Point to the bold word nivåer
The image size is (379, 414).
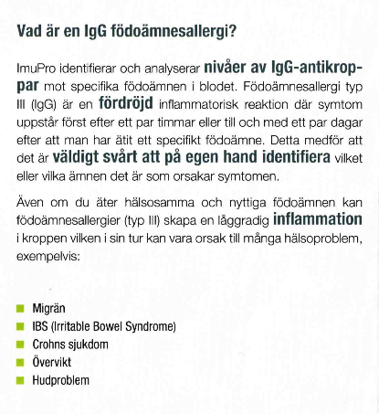pyautogui.click(x=227, y=68)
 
